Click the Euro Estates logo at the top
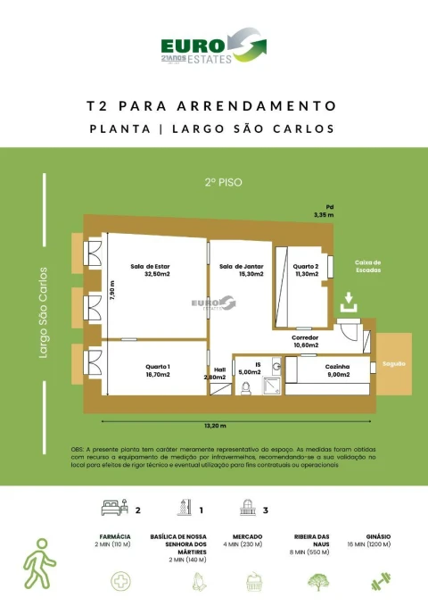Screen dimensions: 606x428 point(213,48)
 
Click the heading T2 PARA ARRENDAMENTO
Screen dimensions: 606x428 point(213,105)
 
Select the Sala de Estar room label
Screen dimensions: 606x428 point(150,270)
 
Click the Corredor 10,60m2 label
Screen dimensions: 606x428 point(305,341)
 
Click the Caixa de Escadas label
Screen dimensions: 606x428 point(367,266)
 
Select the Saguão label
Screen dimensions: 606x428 point(394,364)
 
